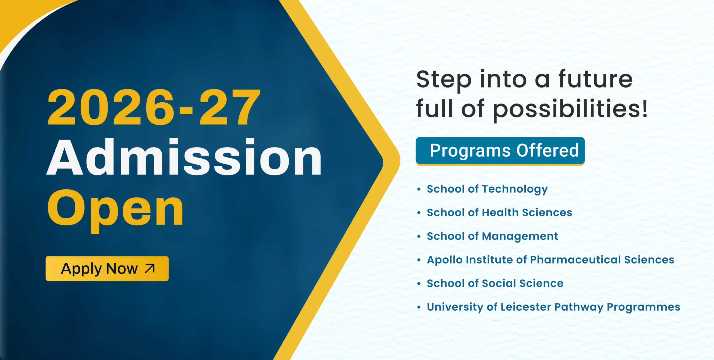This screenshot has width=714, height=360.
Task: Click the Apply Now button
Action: click(x=107, y=268)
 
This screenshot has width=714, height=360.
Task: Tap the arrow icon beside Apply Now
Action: click(x=150, y=268)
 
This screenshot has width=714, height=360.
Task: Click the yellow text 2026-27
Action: click(x=154, y=107)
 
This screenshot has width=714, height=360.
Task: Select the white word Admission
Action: click(x=184, y=157)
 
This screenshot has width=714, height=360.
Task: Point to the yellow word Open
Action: click(x=115, y=211)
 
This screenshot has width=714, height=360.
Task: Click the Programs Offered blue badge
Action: click(x=500, y=151)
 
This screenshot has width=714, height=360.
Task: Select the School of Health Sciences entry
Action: click(x=500, y=212)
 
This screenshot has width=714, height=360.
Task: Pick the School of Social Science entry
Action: click(x=495, y=283)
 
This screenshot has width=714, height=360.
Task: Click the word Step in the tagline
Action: click(x=444, y=80)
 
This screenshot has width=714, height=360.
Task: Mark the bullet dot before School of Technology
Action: click(x=419, y=189)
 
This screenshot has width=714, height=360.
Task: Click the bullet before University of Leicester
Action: click(x=419, y=307)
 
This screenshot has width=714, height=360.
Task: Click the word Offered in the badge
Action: click(x=547, y=150)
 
